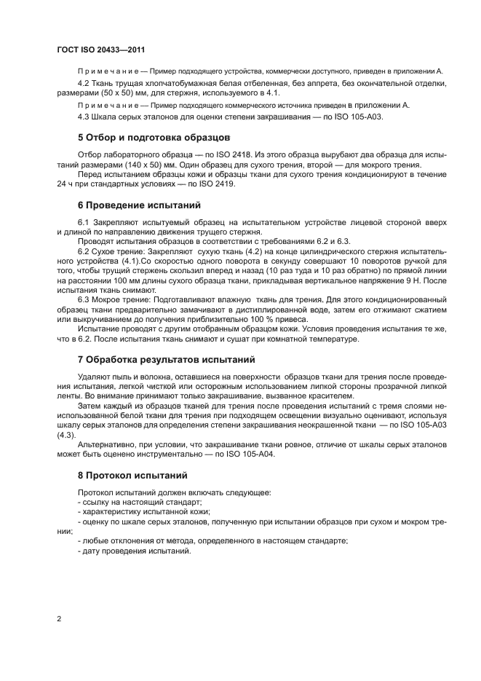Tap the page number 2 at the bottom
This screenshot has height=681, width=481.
58,618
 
